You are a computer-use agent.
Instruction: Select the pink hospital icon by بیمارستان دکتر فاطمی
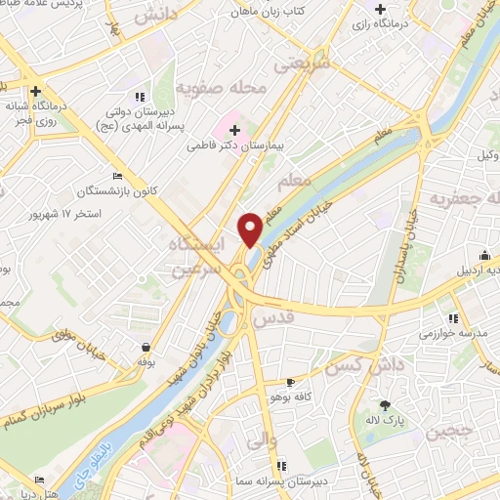click(235, 131)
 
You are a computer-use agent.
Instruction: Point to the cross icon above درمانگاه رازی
click(379, 9)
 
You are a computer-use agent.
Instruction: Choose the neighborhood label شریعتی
click(304, 63)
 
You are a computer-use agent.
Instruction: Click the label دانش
click(157, 17)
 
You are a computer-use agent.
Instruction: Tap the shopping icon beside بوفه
click(146, 347)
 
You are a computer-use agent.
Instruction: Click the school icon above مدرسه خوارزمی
click(452, 317)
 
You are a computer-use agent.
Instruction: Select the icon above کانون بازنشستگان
click(118, 176)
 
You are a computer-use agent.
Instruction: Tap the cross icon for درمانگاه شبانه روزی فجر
click(34, 92)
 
